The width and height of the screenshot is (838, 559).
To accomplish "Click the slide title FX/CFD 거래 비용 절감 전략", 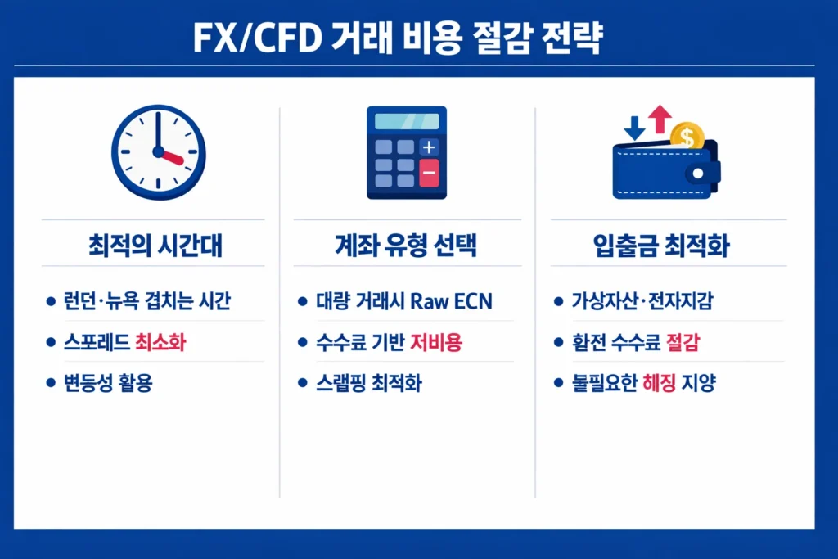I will (398, 38).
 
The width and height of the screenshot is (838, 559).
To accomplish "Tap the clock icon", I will (159, 153).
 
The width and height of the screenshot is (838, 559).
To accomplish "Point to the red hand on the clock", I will (172, 157).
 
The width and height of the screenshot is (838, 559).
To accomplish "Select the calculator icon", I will (407, 153).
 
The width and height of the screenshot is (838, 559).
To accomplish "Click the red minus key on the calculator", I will (429, 174).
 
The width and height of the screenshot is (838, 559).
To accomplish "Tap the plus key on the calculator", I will (429, 147).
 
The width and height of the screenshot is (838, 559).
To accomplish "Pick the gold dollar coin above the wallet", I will (686, 137).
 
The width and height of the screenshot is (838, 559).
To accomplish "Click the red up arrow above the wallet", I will (659, 119).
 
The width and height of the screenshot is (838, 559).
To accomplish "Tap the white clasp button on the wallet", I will (697, 174).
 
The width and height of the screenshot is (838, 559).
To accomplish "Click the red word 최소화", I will (160, 341).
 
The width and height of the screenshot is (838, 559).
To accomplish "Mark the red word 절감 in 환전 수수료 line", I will (688, 341).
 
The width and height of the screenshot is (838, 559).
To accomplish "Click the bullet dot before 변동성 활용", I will (50, 382).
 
